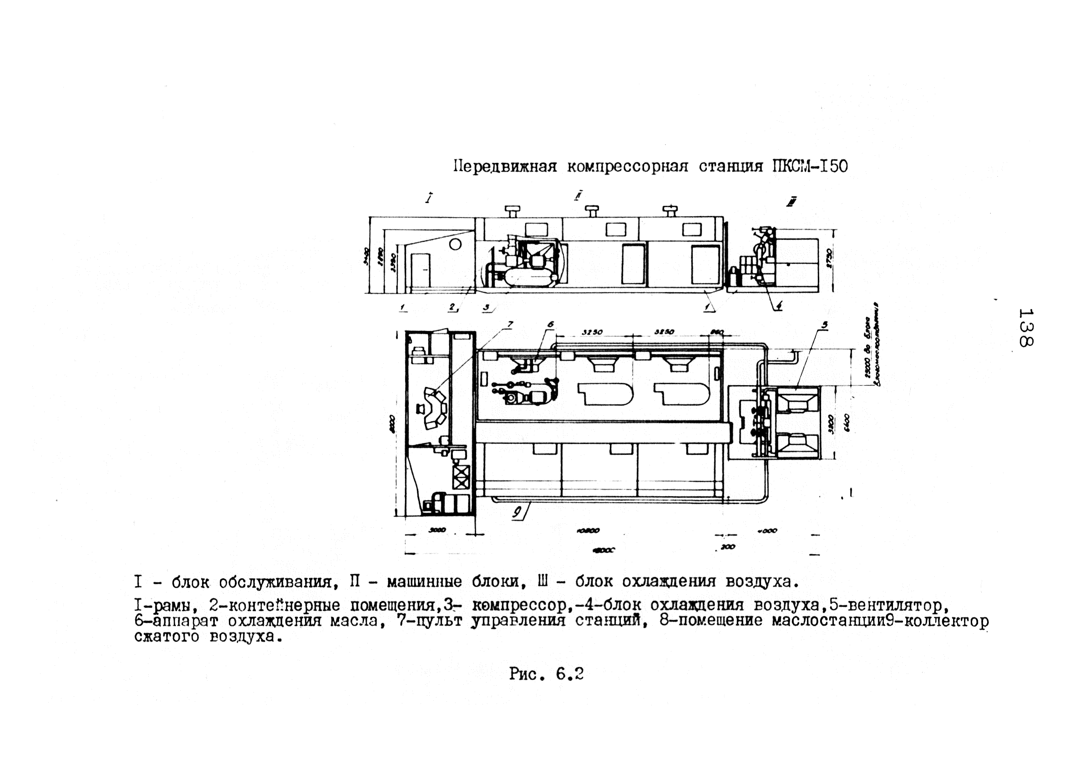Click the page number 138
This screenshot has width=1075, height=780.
pyautogui.click(x=1025, y=328)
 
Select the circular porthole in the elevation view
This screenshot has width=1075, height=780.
pyautogui.click(x=455, y=244)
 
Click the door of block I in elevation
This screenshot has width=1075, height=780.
pyautogui.click(x=420, y=270)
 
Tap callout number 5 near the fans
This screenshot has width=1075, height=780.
pyautogui.click(x=825, y=325)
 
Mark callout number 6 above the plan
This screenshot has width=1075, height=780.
pyautogui.click(x=550, y=324)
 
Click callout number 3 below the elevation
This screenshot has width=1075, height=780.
pyautogui.click(x=487, y=308)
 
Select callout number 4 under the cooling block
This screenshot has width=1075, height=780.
pyautogui.click(x=778, y=307)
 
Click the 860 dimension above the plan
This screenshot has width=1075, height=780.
pyautogui.click(x=717, y=332)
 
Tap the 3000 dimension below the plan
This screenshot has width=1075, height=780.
pyautogui.click(x=436, y=530)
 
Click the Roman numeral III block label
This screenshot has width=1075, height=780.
pyautogui.click(x=791, y=203)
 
